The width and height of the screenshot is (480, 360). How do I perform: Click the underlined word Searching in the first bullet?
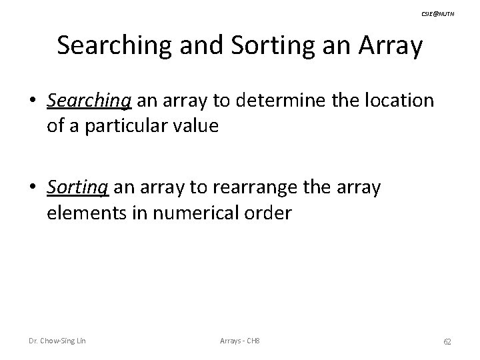pyautogui.click(x=91, y=101)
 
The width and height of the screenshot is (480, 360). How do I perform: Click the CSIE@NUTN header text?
pyautogui.click(x=438, y=14)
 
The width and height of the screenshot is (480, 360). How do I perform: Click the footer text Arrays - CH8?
pyautogui.click(x=240, y=341)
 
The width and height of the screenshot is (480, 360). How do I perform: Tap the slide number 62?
pyautogui.click(x=447, y=341)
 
